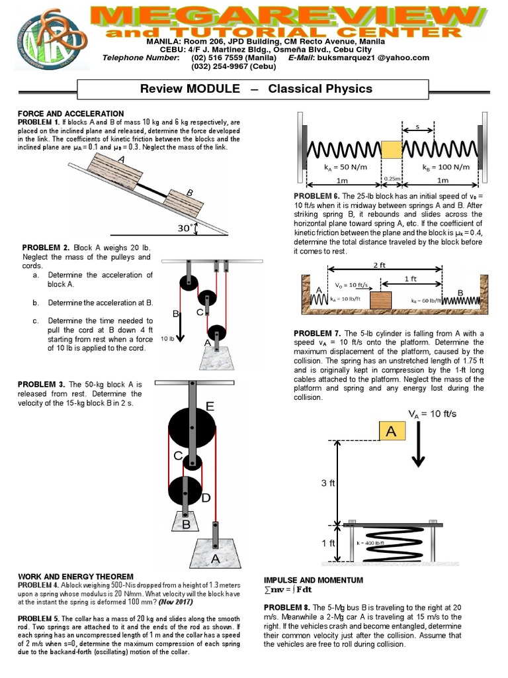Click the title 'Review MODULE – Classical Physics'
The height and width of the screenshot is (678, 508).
[x=257, y=89]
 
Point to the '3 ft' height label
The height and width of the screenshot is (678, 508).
[x=329, y=483]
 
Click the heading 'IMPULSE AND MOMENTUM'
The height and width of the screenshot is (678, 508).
[x=314, y=580]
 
